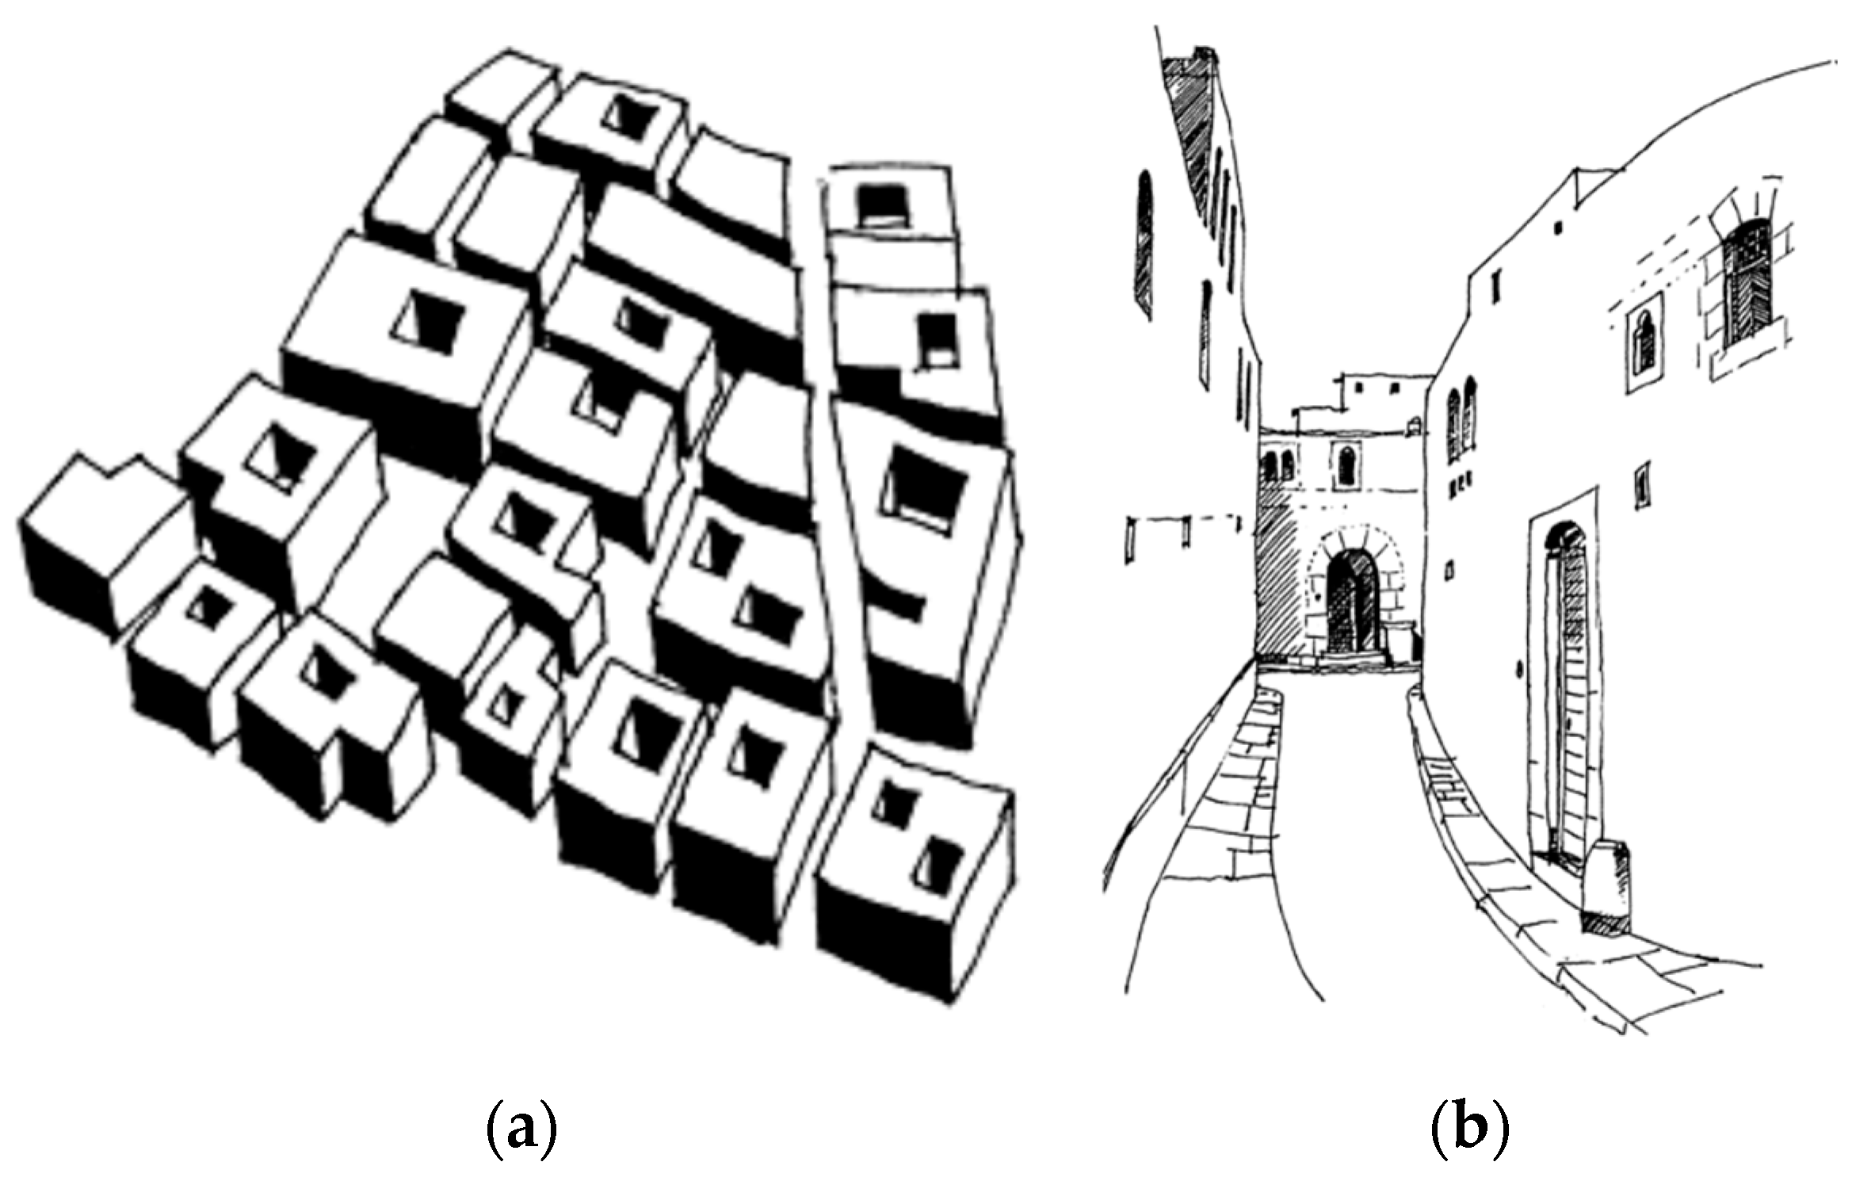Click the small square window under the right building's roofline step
point(1558,227)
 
